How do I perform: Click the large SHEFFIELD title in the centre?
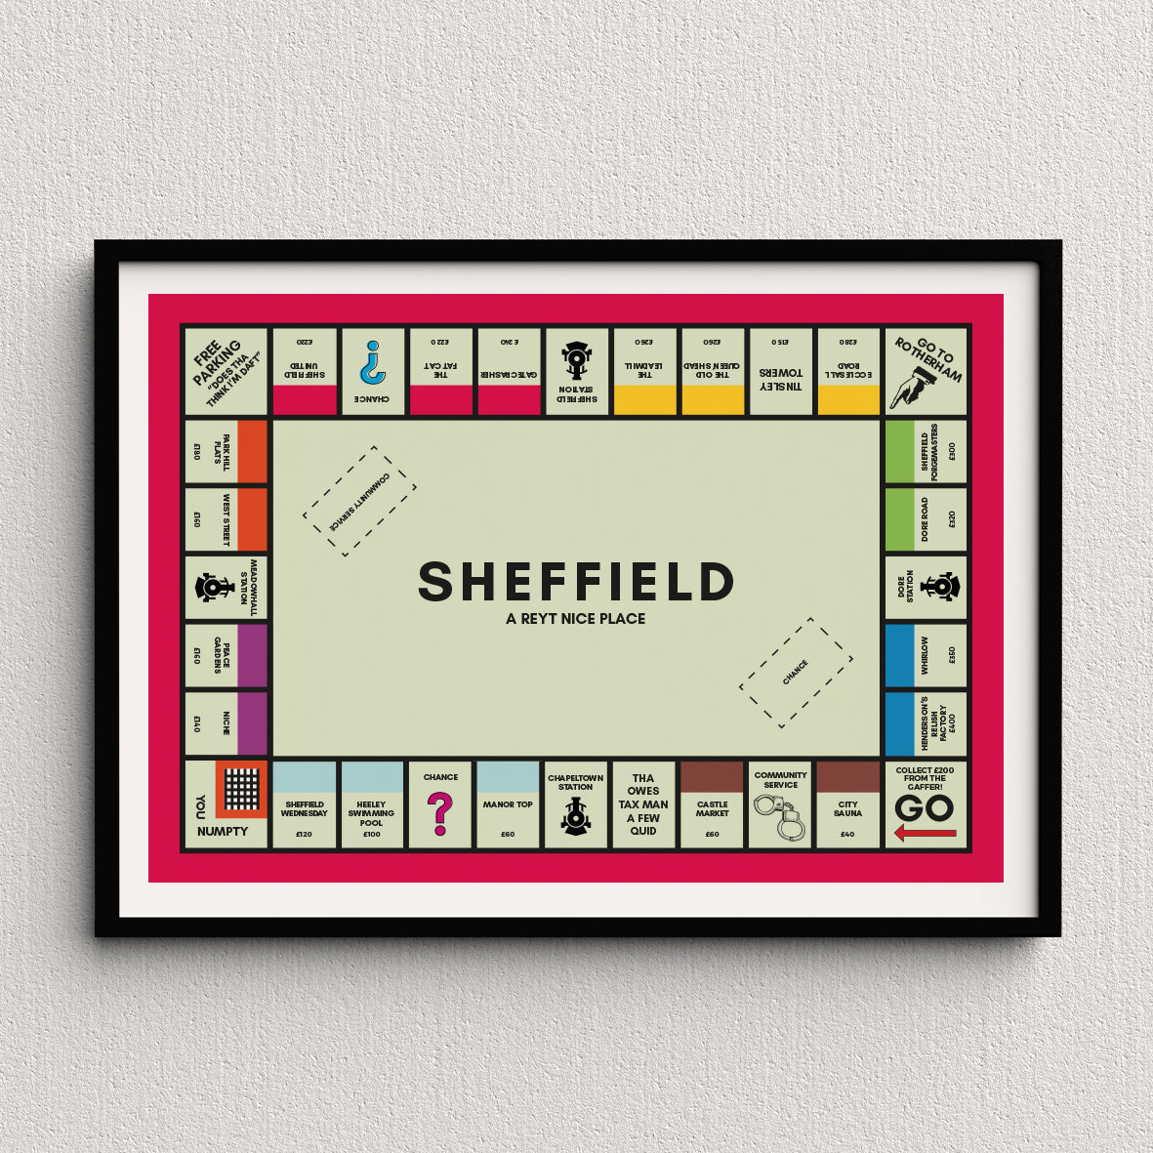[576, 582]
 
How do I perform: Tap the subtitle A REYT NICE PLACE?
[576, 618]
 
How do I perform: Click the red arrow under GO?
[925, 834]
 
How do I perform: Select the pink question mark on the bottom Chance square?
[440, 813]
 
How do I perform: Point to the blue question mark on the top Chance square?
[372, 363]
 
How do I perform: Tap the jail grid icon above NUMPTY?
[241, 788]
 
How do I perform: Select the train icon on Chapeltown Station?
[576, 816]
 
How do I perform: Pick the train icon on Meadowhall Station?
[212, 587]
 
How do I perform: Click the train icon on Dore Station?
[940, 587]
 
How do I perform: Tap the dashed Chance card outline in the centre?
[796, 673]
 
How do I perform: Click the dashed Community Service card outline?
[359, 501]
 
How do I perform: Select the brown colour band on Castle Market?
[712, 778]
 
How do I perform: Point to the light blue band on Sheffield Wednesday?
[304, 778]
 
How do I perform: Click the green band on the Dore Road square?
[899, 518]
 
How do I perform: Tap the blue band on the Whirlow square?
[899, 655]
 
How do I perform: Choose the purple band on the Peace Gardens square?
[252, 655]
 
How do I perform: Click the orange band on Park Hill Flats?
[252, 451]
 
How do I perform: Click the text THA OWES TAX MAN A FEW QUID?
[643, 804]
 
